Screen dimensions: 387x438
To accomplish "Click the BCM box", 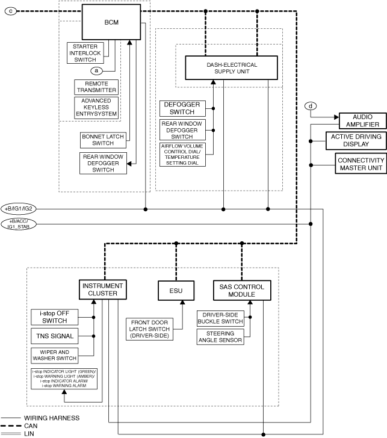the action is (x=111, y=22).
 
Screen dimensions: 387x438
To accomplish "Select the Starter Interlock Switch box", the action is (x=85, y=53).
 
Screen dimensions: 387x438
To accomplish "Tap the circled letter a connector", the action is (x=96, y=70).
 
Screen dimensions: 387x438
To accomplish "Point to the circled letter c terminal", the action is (x=11, y=11).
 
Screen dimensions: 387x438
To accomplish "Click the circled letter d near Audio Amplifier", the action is (x=311, y=106).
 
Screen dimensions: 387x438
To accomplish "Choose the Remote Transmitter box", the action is (x=96, y=87).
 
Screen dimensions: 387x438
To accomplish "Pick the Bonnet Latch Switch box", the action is (x=103, y=140).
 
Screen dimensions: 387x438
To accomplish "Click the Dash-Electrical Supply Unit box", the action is (x=231, y=68).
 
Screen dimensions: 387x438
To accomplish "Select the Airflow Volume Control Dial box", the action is (x=182, y=155).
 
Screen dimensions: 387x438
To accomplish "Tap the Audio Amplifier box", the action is (x=363, y=121).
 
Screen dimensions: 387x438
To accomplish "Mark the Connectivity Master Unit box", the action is (x=361, y=164).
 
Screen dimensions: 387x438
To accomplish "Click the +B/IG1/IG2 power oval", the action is (x=19, y=209).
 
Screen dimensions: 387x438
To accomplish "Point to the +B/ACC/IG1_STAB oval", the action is (x=19, y=224).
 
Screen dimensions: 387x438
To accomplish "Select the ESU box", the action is (x=176, y=291).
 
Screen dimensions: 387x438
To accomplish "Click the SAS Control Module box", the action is (x=242, y=291).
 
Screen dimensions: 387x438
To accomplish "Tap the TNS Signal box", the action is (x=55, y=336).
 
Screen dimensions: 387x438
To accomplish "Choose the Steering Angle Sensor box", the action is (x=220, y=337).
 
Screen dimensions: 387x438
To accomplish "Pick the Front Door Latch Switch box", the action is (x=149, y=329).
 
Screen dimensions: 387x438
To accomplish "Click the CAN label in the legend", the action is (x=31, y=426).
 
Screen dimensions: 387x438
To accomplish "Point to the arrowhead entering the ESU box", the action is (x=182, y=303).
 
